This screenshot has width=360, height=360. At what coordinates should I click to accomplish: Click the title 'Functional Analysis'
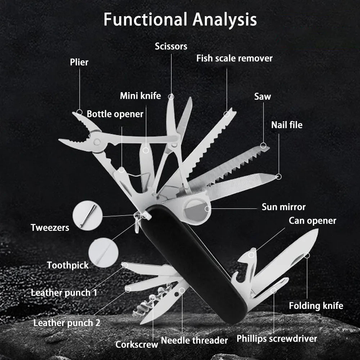coord(180,19)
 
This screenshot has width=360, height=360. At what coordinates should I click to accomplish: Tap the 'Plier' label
coord(79,62)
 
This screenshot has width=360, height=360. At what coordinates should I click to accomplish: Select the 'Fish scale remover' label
coord(234,58)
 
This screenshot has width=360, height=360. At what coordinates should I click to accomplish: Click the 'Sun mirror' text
coord(284,207)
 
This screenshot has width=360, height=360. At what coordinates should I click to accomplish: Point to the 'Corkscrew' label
coord(137,345)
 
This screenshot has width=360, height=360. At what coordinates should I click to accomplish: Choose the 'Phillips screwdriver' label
coord(277,338)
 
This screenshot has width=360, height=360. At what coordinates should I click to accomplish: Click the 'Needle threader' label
coord(194,340)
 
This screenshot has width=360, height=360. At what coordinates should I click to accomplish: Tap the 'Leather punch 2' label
coord(67,323)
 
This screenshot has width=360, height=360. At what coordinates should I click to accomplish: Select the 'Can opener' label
coord(312,220)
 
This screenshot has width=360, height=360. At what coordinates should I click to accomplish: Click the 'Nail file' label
coord(287,125)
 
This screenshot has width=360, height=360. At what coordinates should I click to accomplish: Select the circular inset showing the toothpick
coord(103,252)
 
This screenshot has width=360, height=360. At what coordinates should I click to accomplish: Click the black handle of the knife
coord(191,259)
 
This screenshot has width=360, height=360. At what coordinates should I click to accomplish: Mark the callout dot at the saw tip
coord(263,146)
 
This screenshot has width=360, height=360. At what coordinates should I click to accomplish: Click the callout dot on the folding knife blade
coord(307,255)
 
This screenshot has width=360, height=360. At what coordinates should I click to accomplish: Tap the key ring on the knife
coord(137,223)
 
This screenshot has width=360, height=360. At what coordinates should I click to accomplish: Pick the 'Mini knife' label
coord(140,96)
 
